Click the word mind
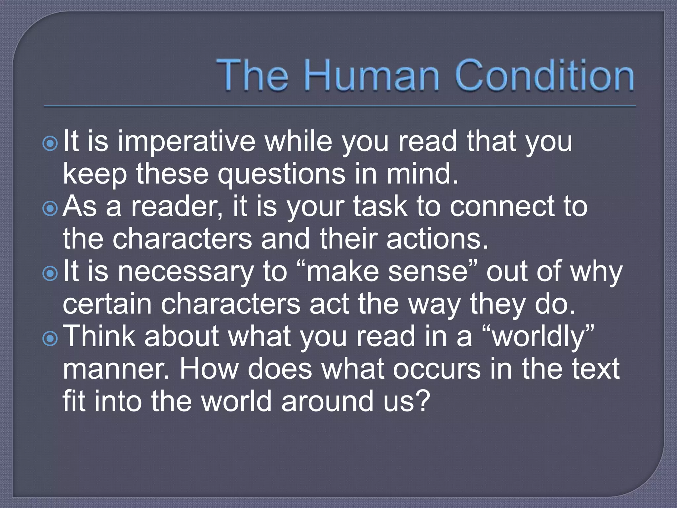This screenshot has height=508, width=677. tap(422, 174)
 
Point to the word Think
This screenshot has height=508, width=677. tap(99, 336)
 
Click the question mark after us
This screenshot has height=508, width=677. tap(423, 401)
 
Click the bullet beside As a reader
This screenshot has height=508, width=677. tap(50, 208)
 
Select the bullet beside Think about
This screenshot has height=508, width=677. tap(50, 338)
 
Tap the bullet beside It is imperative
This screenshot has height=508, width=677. tap(50, 144)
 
